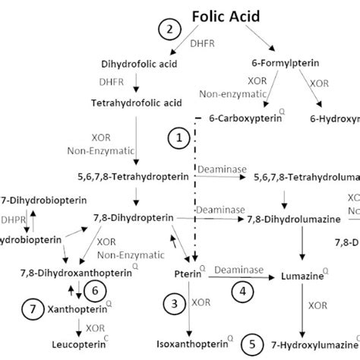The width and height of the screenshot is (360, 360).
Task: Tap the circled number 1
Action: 179,137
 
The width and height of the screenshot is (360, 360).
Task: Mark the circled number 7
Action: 32,310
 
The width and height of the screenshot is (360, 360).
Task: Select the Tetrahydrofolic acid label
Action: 136,102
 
